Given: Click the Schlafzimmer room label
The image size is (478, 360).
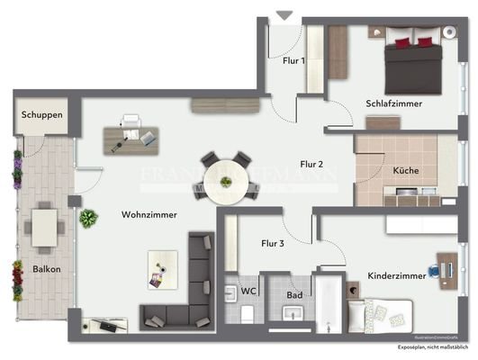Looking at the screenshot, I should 393,103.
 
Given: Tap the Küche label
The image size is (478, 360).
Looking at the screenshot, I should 406,170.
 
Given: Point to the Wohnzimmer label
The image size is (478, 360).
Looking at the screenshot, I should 149,214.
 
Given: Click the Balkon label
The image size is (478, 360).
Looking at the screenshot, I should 47,268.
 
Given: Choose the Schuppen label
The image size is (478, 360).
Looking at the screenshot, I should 43,115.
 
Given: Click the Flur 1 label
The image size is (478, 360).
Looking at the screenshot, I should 293,61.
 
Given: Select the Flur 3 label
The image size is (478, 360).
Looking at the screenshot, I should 273,243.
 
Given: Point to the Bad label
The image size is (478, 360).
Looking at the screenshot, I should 294,293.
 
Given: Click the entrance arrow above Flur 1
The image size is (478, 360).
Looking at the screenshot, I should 284,15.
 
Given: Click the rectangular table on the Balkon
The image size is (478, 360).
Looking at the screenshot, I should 44,228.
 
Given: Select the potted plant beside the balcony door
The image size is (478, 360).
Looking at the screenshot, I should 88,218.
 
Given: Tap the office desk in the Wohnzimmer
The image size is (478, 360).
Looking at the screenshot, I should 131,138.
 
